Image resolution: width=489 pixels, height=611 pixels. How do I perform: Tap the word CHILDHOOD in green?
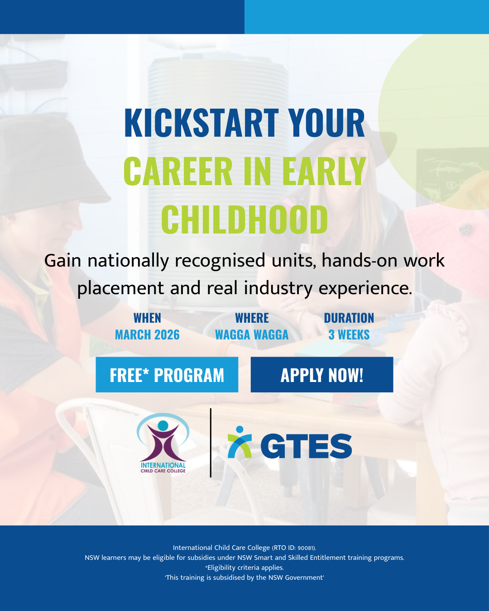tap(244, 220)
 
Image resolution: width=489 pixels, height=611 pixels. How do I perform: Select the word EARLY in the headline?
tap(324, 172)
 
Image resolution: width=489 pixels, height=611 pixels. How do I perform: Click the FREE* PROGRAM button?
tap(167, 375)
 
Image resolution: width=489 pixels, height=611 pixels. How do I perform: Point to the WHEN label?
tap(147, 318)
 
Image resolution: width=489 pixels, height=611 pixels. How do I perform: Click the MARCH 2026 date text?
tap(147, 335)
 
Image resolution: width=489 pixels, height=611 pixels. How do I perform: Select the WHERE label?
tap(252, 318)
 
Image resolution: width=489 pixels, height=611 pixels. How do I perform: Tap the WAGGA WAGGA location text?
tap(252, 335)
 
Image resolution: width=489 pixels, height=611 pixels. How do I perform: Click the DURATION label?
tap(349, 318)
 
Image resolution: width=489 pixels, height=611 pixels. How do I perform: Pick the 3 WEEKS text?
tap(349, 335)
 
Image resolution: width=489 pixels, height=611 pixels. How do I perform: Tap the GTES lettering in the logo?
tap(306, 446)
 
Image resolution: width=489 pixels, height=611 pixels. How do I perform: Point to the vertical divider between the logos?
tap(211, 443)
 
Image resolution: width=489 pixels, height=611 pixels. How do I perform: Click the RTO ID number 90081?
tap(306, 548)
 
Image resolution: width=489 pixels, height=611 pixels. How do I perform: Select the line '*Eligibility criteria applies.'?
tap(244, 568)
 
